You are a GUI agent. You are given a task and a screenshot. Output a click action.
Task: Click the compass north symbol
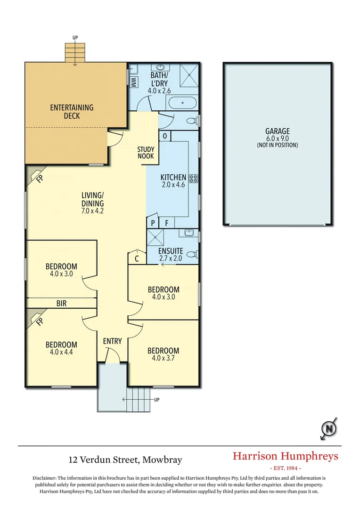(x=328, y=428)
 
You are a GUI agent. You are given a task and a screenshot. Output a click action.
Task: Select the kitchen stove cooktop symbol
(x=193, y=178)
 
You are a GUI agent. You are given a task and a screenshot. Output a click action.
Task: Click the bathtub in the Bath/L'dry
(x=183, y=102)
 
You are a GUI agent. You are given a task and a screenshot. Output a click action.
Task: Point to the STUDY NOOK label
(x=146, y=153)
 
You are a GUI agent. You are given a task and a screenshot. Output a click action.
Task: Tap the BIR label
(x=61, y=304)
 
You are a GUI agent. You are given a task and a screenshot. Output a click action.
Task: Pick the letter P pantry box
(x=153, y=222)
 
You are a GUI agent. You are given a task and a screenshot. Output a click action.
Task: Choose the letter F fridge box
(x=166, y=222)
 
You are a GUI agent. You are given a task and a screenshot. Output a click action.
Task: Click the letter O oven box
(x=164, y=136)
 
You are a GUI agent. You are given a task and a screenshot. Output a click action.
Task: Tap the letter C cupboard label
(x=137, y=258)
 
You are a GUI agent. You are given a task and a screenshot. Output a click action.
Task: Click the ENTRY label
(x=113, y=341)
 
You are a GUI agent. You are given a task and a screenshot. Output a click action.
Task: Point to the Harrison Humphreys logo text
(x=286, y=456)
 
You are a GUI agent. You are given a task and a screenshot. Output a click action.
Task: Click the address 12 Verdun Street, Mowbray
(x=125, y=459)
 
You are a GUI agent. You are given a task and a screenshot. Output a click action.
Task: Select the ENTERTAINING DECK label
(x=72, y=112)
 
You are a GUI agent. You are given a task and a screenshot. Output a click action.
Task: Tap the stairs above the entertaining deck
(x=75, y=51)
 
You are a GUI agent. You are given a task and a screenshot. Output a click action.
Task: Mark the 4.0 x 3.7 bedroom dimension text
(x=164, y=358)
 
